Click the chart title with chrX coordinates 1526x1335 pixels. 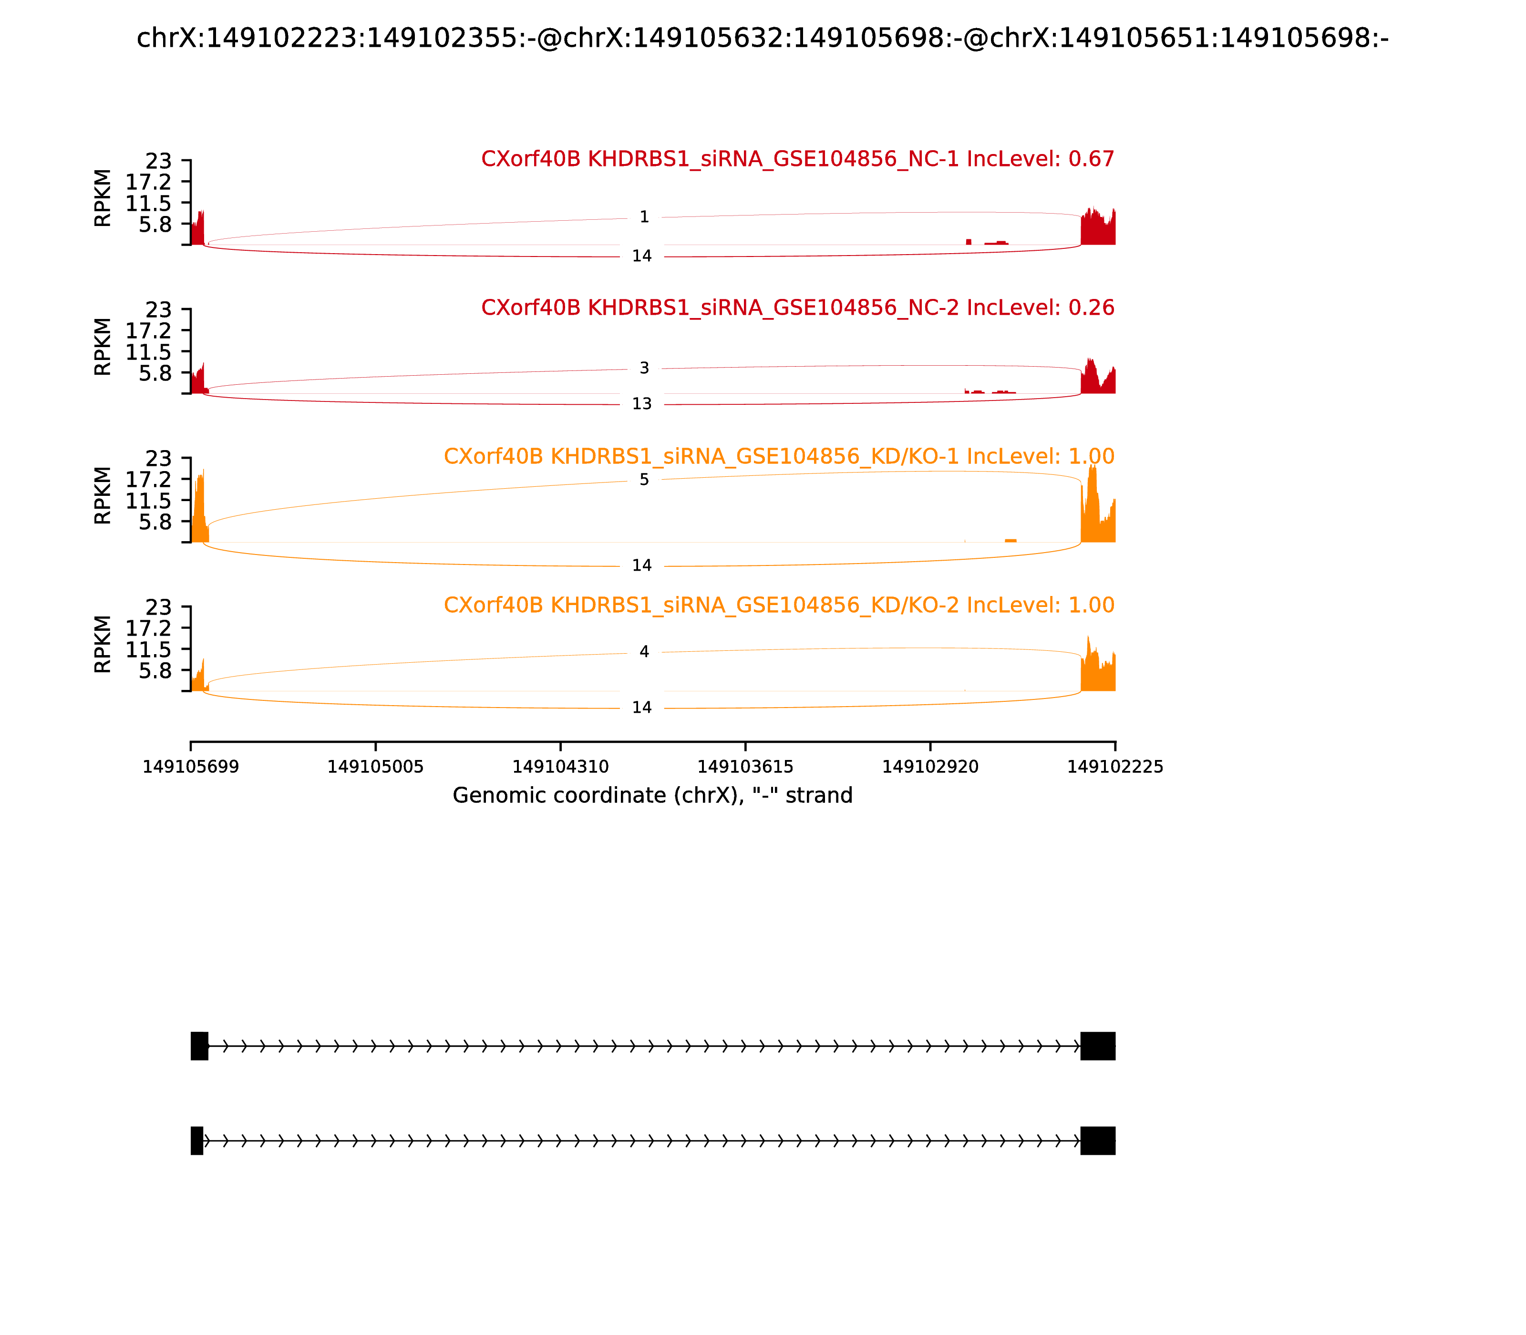pyautogui.click(x=762, y=38)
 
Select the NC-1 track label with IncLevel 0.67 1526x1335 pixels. pyautogui.click(x=798, y=159)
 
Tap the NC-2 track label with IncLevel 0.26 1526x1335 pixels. pyautogui.click(x=798, y=308)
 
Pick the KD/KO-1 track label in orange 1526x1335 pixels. pyautogui.click(x=779, y=457)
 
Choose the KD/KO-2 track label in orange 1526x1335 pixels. pyautogui.click(x=779, y=605)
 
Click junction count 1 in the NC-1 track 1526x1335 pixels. pyautogui.click(x=645, y=217)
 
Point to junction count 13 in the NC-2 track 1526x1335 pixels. pyautogui.click(x=642, y=404)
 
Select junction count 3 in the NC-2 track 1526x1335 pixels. pyautogui.click(x=645, y=368)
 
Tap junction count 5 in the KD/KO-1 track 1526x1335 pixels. pyautogui.click(x=645, y=480)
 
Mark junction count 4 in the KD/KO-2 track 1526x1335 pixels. pyautogui.click(x=645, y=652)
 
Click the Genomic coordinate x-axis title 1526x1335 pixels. pyautogui.click(x=653, y=796)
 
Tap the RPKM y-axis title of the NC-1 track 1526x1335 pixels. pyautogui.click(x=103, y=198)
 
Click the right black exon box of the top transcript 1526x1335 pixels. pyautogui.click(x=1098, y=1046)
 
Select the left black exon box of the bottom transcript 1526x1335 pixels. pyautogui.click(x=196, y=1140)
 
